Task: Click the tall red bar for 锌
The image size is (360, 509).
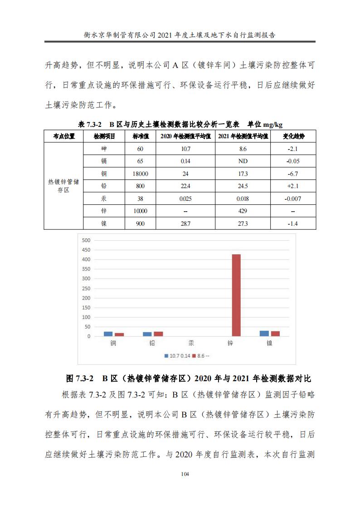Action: click(x=236, y=295)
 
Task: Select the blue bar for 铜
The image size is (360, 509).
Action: click(x=108, y=334)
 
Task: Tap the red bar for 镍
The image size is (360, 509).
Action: click(x=275, y=334)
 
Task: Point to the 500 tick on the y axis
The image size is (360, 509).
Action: click(x=86, y=240)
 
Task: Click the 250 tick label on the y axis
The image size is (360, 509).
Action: click(x=86, y=288)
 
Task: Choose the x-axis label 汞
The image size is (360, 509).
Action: click(x=191, y=343)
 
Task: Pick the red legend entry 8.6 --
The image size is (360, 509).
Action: click(x=201, y=356)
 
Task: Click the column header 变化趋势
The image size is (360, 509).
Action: click(x=293, y=136)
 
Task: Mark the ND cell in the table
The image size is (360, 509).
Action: click(x=243, y=161)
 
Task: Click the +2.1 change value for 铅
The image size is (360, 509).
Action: click(x=293, y=186)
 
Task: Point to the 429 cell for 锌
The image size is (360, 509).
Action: click(x=243, y=211)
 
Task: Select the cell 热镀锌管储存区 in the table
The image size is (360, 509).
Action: click(x=63, y=186)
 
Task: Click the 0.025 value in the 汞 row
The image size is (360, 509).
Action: click(x=185, y=199)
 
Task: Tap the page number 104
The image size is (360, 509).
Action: click(x=185, y=474)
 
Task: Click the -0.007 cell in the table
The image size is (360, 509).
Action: click(x=293, y=199)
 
